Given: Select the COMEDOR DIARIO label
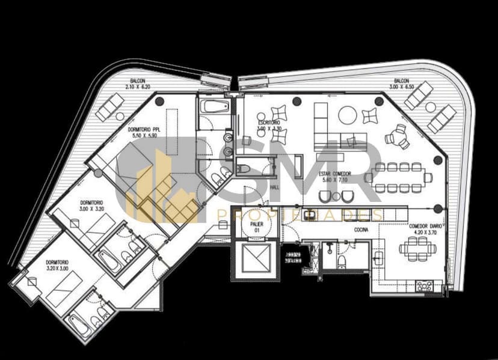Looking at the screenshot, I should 422,228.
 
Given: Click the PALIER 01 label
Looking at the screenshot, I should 257,226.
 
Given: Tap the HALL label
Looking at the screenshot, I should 275,188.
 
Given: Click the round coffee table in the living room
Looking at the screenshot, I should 348,114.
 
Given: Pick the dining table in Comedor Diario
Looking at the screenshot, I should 416,248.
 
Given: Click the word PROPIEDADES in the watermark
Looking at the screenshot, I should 300,215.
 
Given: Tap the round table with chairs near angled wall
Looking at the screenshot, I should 398,136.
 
